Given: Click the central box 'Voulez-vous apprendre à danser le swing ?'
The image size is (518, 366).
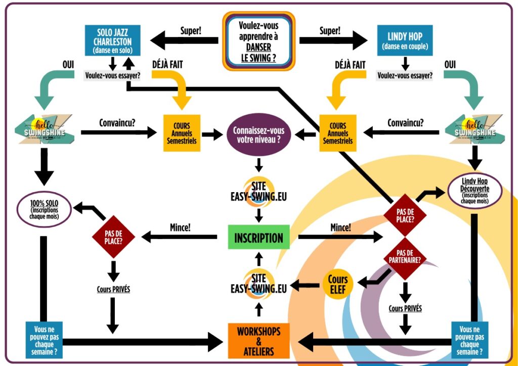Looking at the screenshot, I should pos(258,40).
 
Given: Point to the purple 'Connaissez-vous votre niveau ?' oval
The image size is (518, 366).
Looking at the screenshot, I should pos(258,134).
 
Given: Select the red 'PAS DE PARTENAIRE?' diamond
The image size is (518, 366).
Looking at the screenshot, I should pos(405,256).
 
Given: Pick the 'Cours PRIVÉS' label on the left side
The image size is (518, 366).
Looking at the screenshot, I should pos(114,290).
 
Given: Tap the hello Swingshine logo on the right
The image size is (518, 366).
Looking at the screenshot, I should pos(474,128).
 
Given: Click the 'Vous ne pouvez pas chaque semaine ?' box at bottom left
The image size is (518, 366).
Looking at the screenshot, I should pos(44,340).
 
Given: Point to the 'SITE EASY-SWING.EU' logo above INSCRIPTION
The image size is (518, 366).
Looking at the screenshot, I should pos(258,191).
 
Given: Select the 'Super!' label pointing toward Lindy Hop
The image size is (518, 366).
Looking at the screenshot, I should pos(330,30).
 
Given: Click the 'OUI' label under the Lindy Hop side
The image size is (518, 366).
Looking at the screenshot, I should pos(450,65).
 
